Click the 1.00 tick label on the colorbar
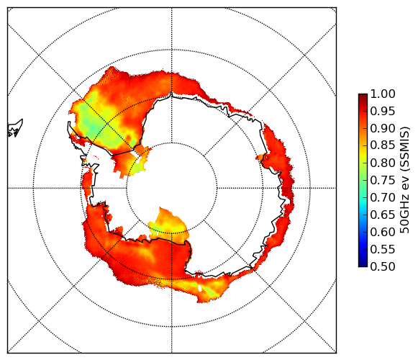tap(383, 94)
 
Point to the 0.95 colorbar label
tap(383, 112)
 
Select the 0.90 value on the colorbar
tap(383, 128)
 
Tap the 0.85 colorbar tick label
tap(383, 145)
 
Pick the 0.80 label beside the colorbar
tap(383, 163)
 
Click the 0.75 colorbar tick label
tap(383, 180)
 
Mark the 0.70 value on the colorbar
tap(383, 197)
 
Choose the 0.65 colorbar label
tap(383, 215)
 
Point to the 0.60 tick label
tap(383, 232)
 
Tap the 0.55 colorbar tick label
tap(383, 249)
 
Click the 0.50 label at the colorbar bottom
tap(383, 266)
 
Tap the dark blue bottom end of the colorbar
tap(363, 264)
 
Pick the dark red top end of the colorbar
tap(363, 96)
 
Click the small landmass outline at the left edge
tap(15, 128)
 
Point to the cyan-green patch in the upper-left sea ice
tap(92, 125)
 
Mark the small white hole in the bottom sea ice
tap(200, 289)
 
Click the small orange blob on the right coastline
tap(260, 158)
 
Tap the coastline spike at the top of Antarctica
tap(171, 94)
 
